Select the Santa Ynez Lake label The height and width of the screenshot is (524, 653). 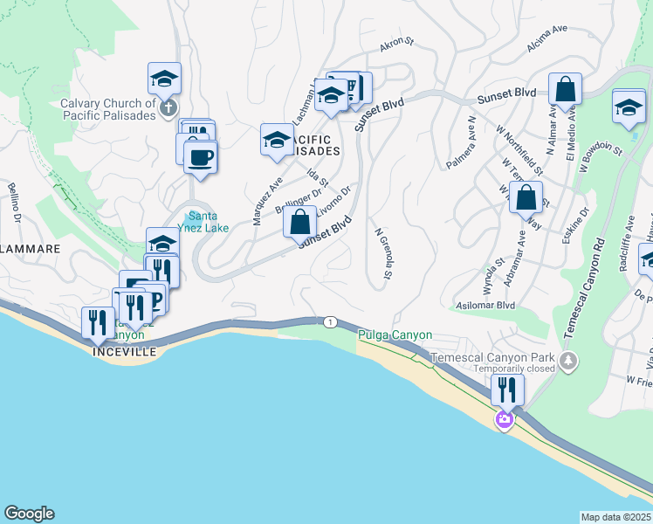pos(210,222)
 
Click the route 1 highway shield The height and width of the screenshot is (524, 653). pos(329,322)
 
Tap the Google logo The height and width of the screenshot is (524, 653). pos(29,513)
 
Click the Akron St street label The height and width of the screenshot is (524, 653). pos(395,43)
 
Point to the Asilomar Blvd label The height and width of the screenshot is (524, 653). pos(485,306)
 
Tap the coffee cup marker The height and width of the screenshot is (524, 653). pos(201,157)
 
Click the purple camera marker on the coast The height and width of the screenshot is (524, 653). pos(504,421)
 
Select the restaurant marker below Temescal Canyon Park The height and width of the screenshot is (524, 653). pos(506,388)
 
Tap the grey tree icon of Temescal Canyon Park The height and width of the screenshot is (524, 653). pos(569,360)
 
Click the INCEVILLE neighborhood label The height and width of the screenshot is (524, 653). pos(125,351)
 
